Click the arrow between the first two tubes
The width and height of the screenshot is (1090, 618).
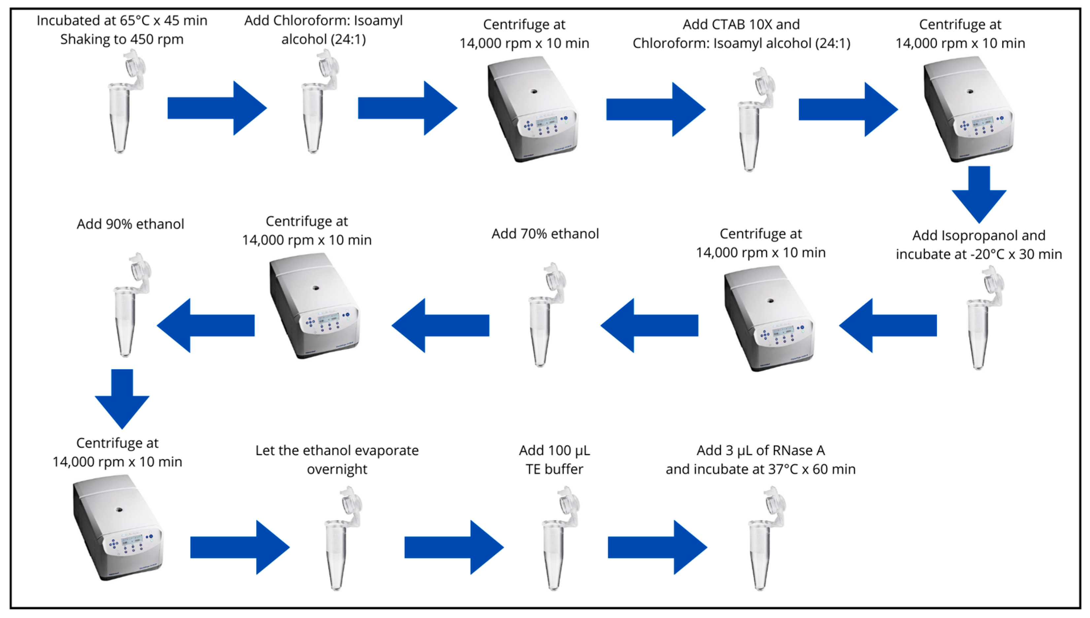pos(216,108)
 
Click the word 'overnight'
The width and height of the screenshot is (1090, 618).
pos(337,469)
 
